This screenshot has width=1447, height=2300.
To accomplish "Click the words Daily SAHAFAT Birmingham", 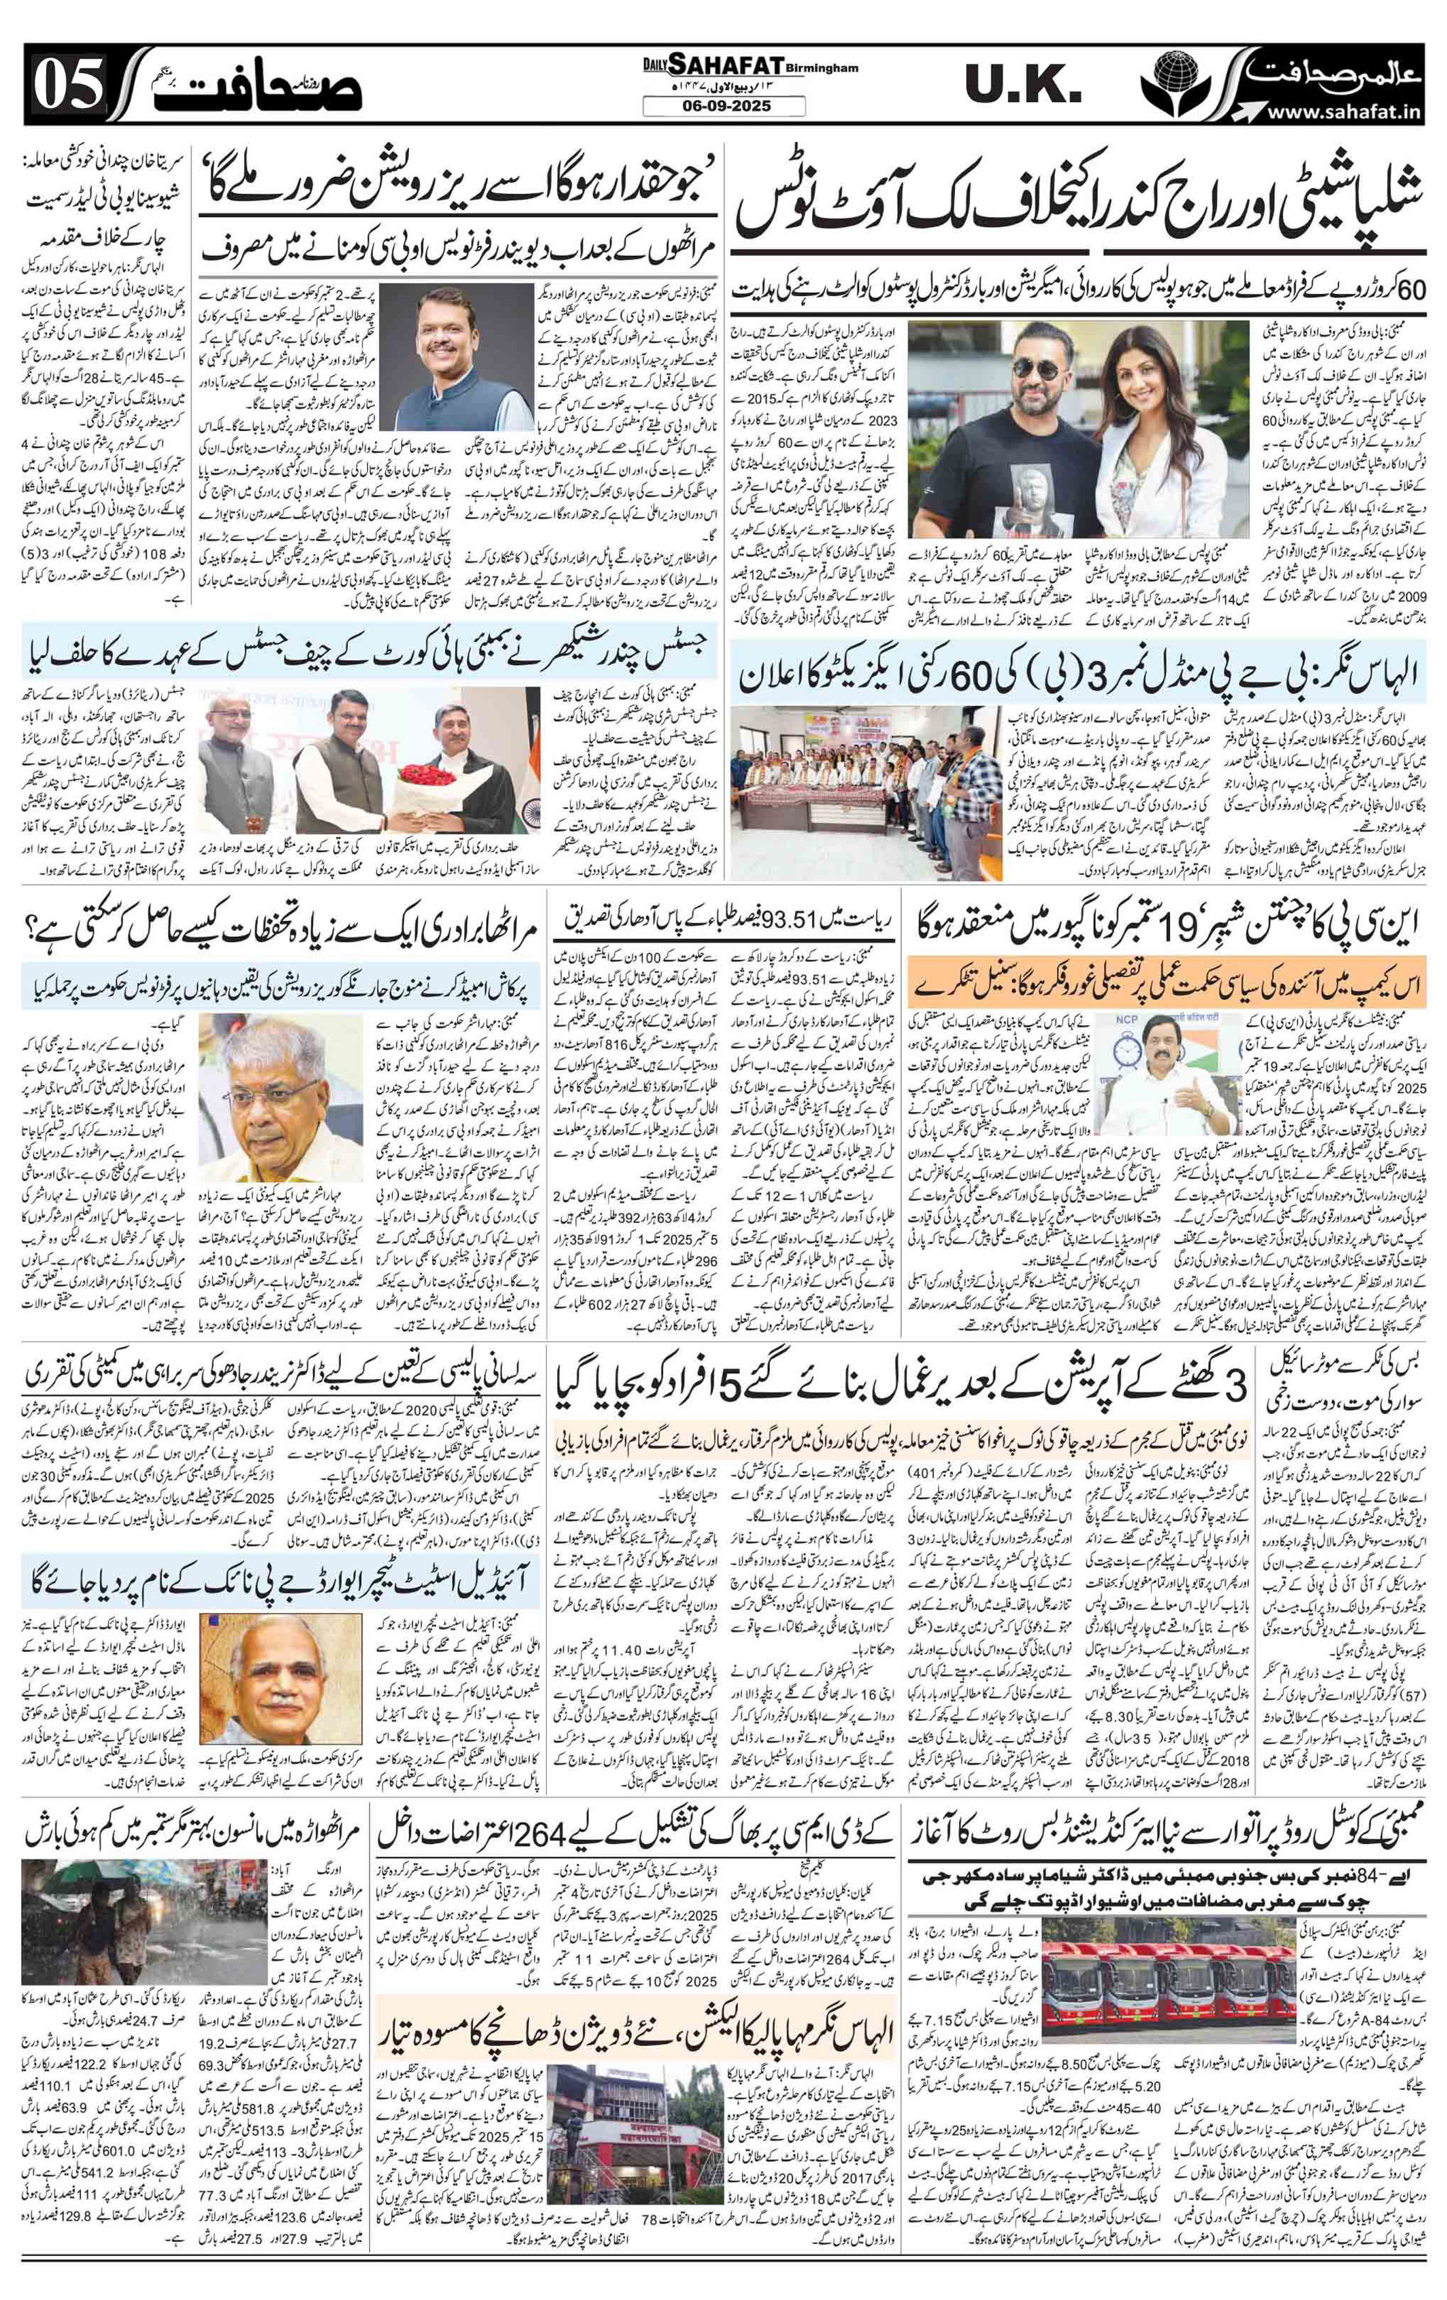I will pyautogui.click(x=723, y=65).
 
